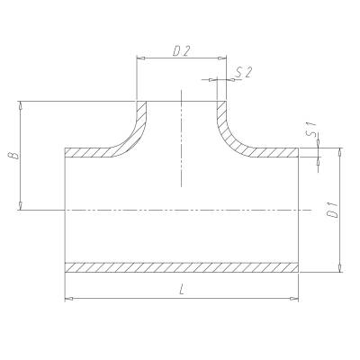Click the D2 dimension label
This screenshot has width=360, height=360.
[x=183, y=52]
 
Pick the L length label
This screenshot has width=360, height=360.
[x=182, y=290]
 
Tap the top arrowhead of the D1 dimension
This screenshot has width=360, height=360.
[x=339, y=151]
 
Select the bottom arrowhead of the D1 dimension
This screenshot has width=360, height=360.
[x=339, y=268]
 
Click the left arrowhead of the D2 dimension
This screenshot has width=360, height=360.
[x=140, y=60]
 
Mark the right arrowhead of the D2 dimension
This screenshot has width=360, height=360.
[x=222, y=60]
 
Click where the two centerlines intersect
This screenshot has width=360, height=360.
[x=182, y=211]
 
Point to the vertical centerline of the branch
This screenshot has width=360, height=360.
[x=182, y=144]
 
